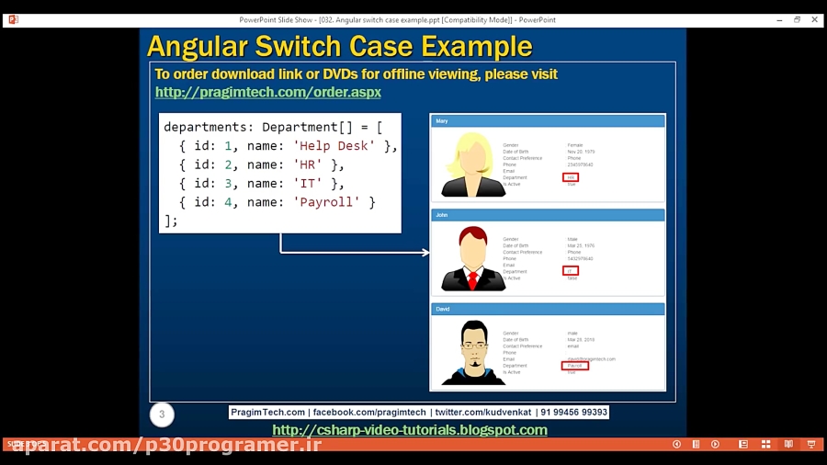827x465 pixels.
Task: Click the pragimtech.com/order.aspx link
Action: click(267, 92)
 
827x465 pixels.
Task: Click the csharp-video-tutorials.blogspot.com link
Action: click(410, 430)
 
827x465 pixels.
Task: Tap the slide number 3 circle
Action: click(162, 414)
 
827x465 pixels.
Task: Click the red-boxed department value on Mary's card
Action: click(572, 177)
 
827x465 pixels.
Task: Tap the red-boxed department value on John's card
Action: click(571, 271)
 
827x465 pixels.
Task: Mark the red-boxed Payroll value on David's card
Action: click(575, 366)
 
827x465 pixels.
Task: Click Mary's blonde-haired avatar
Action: click(472, 164)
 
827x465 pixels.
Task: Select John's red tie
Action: click(473, 279)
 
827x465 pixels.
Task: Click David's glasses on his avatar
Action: click(473, 345)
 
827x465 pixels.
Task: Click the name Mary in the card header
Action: click(442, 120)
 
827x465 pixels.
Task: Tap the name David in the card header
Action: click(443, 309)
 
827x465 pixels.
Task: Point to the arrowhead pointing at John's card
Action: click(425, 252)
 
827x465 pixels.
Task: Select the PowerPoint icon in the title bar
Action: click(13, 19)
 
